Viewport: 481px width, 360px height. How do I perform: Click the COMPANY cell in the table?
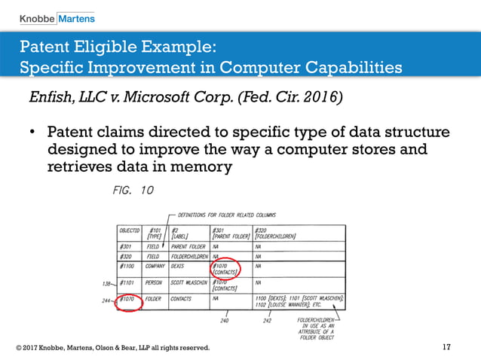point(155,266)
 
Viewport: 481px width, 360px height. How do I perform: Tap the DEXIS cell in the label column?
point(180,266)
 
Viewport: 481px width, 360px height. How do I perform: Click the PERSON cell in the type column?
point(154,283)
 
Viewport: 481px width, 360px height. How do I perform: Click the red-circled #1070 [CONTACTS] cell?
point(225,269)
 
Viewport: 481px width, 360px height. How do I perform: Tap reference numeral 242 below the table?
point(266,321)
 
